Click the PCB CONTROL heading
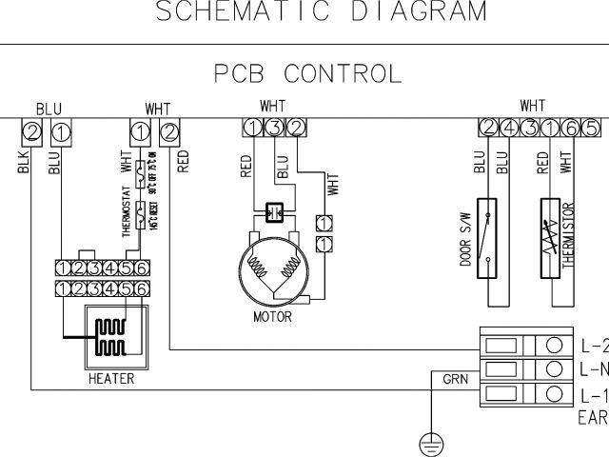tap(306, 73)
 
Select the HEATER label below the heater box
tap(112, 379)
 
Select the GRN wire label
tap(455, 379)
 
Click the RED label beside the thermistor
tap(541, 161)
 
